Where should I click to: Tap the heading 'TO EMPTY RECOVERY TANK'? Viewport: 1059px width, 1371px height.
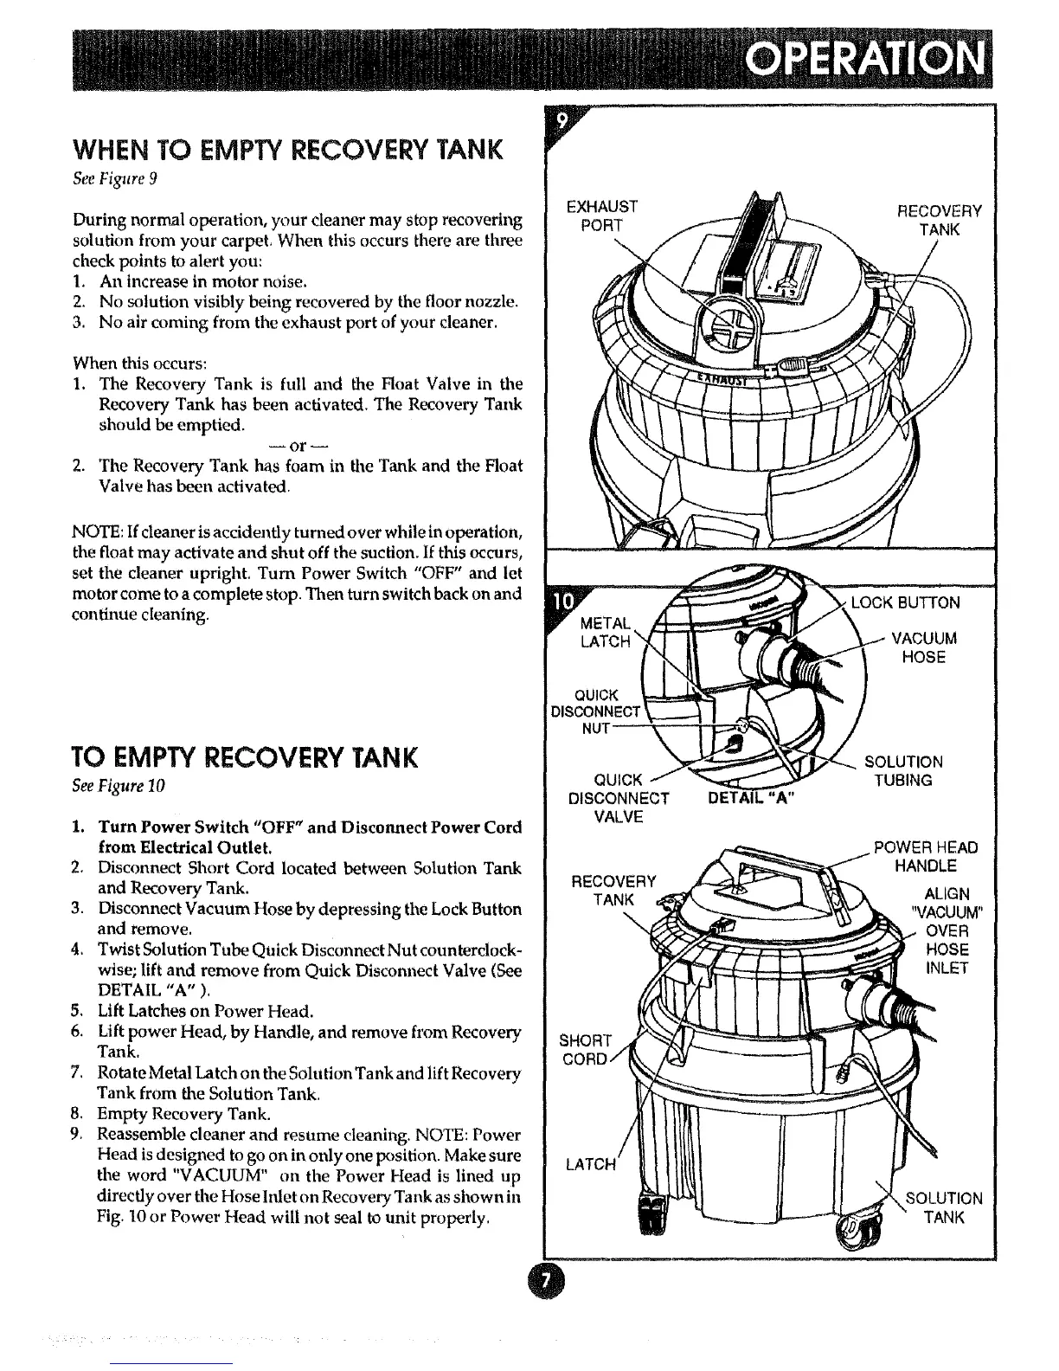(x=246, y=757)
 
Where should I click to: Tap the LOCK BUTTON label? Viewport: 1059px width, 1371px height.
(x=905, y=602)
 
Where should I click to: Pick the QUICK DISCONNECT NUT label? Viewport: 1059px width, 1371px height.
(x=597, y=711)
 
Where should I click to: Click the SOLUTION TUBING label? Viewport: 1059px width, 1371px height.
(x=903, y=770)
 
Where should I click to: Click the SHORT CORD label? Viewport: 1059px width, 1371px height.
(x=586, y=1049)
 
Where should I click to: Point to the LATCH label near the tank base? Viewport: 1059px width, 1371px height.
(x=588, y=1164)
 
